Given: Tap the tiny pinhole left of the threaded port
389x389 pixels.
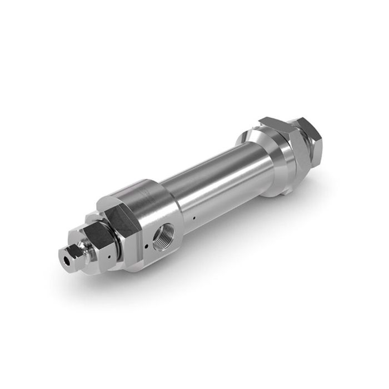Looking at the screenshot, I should click(x=146, y=245).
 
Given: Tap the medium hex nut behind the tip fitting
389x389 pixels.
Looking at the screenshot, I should click(x=100, y=245).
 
